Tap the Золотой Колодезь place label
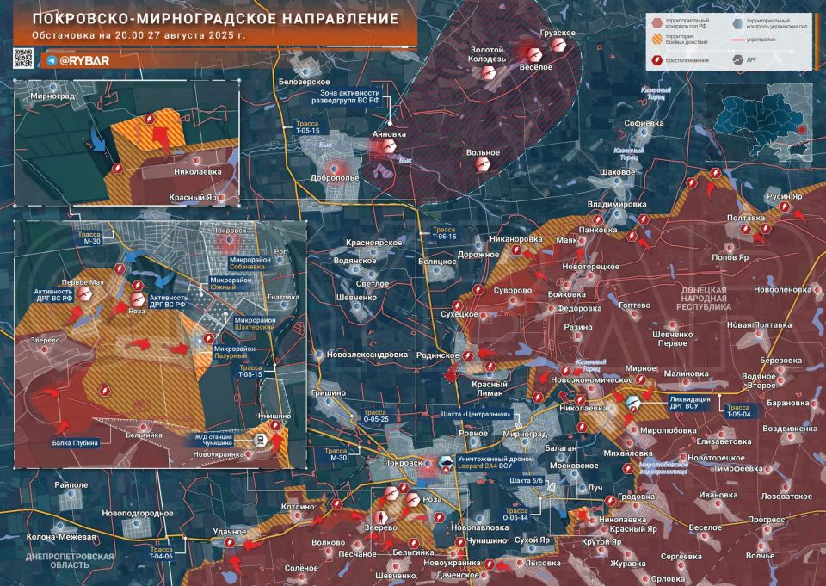(488, 55)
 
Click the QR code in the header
(23, 59)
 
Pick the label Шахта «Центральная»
(472, 415)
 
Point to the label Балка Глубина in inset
(75, 442)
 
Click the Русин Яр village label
(784, 196)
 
